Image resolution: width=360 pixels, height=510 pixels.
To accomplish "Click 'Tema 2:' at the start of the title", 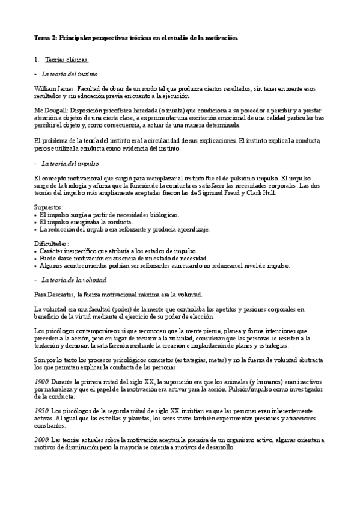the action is pos(44,38).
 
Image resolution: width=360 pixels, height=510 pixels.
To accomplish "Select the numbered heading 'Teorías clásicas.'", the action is pos(67,60).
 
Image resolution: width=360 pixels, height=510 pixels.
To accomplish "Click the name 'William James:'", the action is pos(52,88).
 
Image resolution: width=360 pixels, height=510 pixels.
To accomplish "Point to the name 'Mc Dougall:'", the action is pos(50,111).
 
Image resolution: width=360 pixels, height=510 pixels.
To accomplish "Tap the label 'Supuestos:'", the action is pos(49,207).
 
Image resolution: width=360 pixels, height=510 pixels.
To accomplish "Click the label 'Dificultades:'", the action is pos(52,244).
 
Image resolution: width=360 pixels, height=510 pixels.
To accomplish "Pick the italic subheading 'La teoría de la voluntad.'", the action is pos(75,280).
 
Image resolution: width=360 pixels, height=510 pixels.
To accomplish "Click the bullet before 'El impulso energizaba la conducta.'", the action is pos(36,223).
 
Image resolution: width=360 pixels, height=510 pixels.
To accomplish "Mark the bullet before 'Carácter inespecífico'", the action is pos(36,251).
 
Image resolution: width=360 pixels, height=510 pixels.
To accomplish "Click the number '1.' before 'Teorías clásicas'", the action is pos(37,60).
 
